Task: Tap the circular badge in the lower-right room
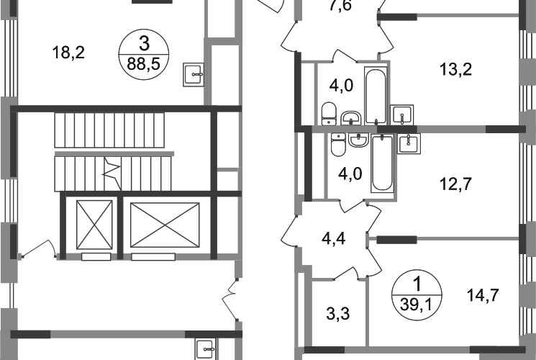point(417,292)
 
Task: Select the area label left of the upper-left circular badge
point(71,51)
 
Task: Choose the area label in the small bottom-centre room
point(337,313)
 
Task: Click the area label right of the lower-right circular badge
point(482,295)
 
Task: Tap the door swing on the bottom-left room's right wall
point(232,299)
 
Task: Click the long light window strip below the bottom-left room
point(119,334)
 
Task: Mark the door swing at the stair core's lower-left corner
point(43,248)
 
